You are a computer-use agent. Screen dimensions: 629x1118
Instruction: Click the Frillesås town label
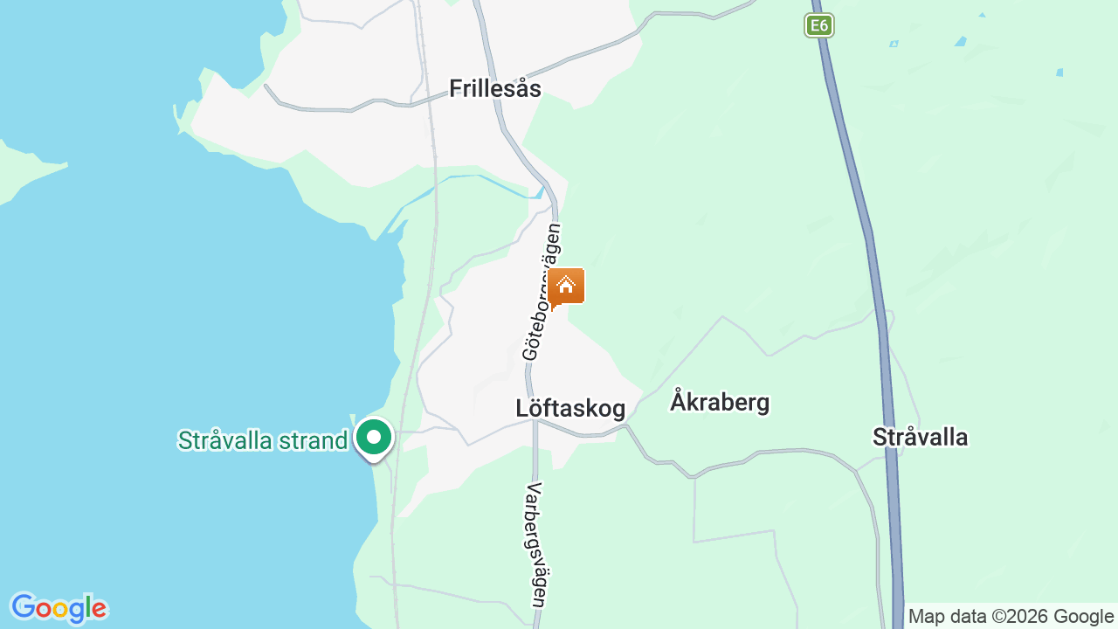(494, 88)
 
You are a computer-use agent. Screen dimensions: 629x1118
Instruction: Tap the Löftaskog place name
(569, 408)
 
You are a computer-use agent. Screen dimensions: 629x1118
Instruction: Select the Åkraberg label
(720, 402)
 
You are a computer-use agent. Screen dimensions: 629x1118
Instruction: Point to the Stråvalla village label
(920, 437)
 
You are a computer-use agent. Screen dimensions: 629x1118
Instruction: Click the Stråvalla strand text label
(263, 440)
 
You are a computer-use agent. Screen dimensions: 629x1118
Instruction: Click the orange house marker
(566, 287)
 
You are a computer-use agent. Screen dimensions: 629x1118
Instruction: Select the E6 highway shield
(818, 25)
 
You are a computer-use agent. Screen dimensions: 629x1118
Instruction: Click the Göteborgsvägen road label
(542, 292)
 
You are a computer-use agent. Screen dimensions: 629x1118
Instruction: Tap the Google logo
(59, 608)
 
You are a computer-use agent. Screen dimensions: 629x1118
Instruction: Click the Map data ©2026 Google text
(1011, 616)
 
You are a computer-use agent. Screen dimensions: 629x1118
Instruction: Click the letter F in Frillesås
(455, 88)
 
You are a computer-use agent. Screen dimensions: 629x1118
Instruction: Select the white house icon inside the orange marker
(566, 284)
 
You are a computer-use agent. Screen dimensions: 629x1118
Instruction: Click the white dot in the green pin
(375, 436)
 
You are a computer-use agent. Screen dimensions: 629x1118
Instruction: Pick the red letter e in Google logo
(100, 609)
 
